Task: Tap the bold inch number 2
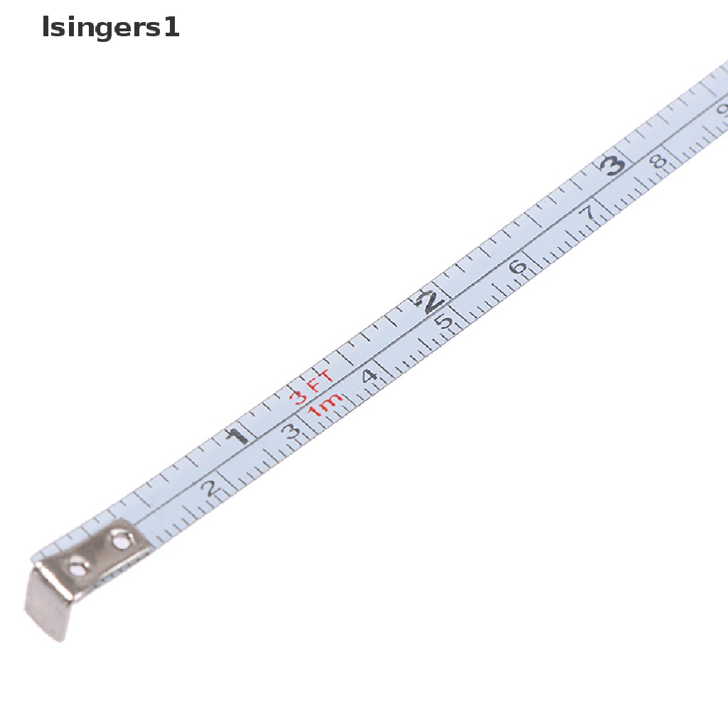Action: [430, 301]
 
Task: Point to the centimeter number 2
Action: [210, 488]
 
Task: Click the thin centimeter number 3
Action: [291, 432]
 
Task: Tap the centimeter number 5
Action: [444, 321]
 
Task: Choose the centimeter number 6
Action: [518, 267]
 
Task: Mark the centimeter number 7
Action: [589, 213]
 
